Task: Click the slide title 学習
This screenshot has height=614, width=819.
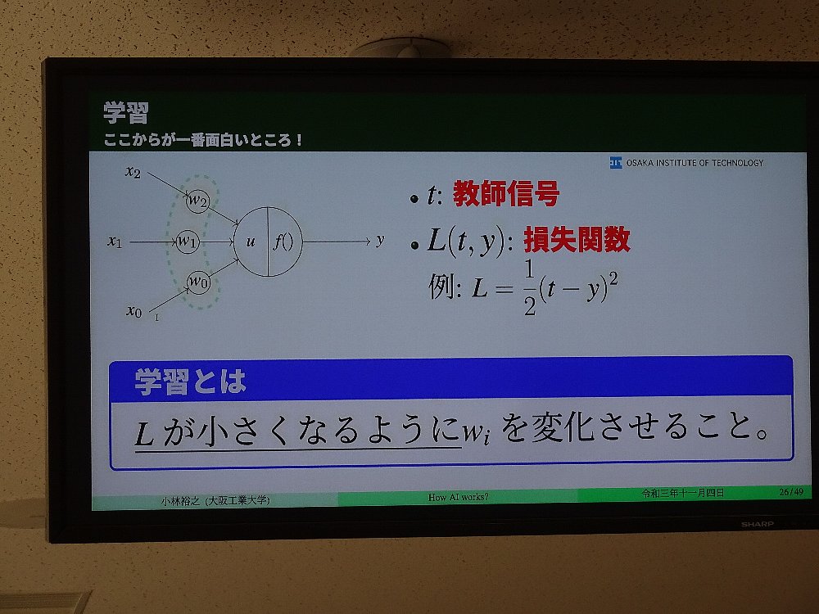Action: click(126, 112)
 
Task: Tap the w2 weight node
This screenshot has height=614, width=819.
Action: click(197, 201)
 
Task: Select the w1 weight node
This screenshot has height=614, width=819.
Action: click(188, 242)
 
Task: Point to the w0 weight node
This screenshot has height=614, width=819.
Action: click(198, 282)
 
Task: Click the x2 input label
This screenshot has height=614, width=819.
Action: click(133, 171)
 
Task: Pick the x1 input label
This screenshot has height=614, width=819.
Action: click(115, 242)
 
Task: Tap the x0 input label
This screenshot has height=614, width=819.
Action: click(134, 311)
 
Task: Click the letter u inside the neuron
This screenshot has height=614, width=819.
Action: click(251, 242)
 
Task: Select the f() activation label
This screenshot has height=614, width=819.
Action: click(283, 242)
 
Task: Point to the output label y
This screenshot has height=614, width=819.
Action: click(380, 241)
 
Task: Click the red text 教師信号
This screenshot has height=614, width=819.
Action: click(505, 193)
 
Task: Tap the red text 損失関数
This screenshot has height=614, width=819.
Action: click(577, 240)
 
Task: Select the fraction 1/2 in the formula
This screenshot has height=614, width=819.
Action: click(530, 287)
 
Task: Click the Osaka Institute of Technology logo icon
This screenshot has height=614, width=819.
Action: click(616, 163)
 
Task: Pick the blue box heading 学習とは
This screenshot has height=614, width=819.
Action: click(190, 381)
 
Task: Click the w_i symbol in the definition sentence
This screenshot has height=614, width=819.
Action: click(476, 432)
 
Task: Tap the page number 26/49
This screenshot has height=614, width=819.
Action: click(791, 492)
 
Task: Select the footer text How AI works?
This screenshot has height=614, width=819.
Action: click(458, 497)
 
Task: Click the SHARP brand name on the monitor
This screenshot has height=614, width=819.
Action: click(757, 524)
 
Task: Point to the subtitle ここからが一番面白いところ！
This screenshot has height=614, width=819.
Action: click(202, 140)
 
